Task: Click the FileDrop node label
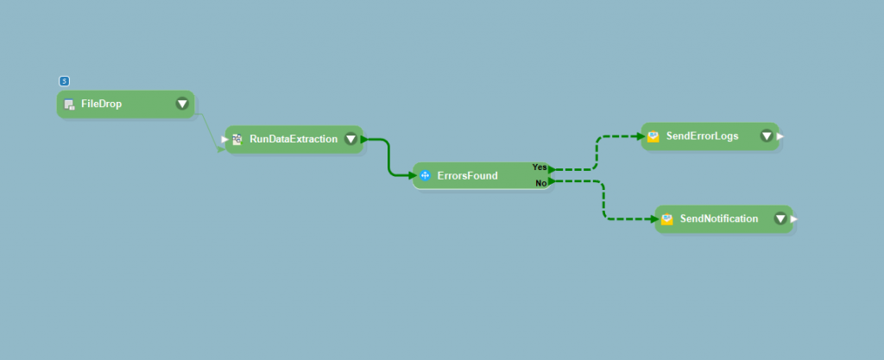(101, 104)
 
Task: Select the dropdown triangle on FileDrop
(182, 104)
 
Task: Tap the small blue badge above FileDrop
(64, 81)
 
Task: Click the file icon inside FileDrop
(69, 104)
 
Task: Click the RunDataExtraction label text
(294, 139)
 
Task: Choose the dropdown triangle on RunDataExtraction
(350, 139)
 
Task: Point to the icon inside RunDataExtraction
(237, 139)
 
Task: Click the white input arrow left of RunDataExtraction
(224, 139)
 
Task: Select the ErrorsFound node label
(467, 176)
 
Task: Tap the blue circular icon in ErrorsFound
(425, 176)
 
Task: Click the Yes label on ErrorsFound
(540, 167)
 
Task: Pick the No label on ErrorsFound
(540, 183)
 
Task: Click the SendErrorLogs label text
(702, 136)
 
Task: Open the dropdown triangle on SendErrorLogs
(767, 136)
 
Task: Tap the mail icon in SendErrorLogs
(654, 136)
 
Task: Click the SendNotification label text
(719, 219)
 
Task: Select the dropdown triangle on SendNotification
(780, 219)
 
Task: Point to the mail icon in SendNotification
(667, 219)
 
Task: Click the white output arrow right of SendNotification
(794, 219)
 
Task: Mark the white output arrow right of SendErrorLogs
(780, 136)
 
